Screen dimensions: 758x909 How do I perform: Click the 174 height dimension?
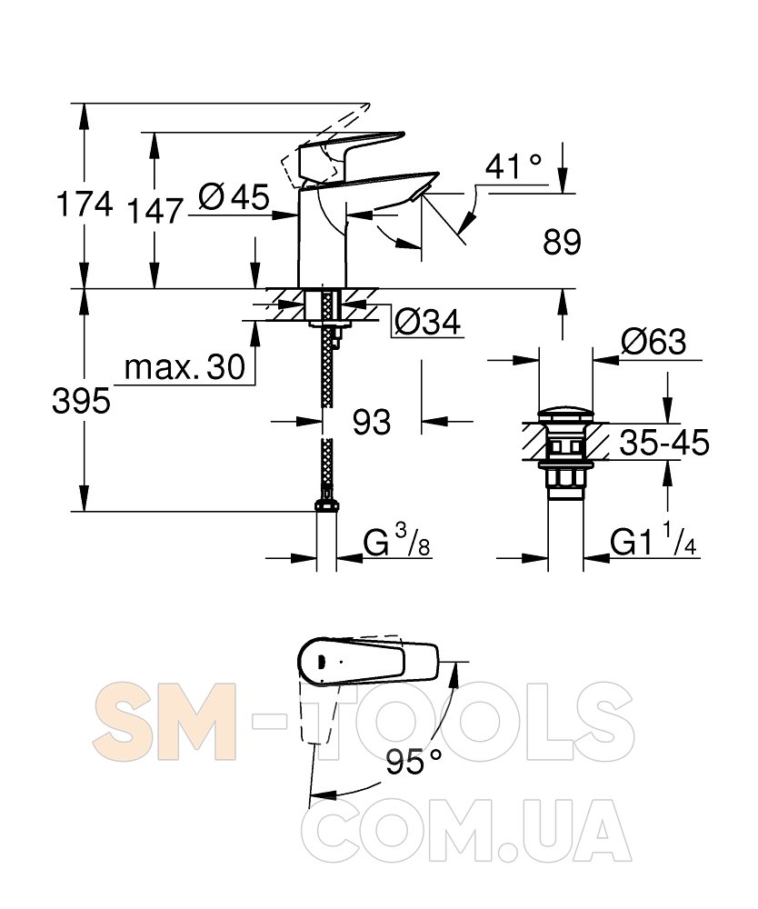coord(85,204)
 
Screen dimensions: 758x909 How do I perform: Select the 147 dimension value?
coord(155,211)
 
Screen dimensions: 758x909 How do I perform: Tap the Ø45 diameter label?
coord(234,196)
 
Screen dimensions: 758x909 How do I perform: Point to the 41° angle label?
coord(514,167)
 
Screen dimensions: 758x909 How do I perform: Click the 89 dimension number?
coord(562,242)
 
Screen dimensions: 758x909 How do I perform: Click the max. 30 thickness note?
coord(185,367)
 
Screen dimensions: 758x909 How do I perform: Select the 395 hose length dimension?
coord(81,401)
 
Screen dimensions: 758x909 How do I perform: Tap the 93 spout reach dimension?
coord(372,422)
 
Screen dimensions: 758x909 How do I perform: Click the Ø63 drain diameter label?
coord(653,342)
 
